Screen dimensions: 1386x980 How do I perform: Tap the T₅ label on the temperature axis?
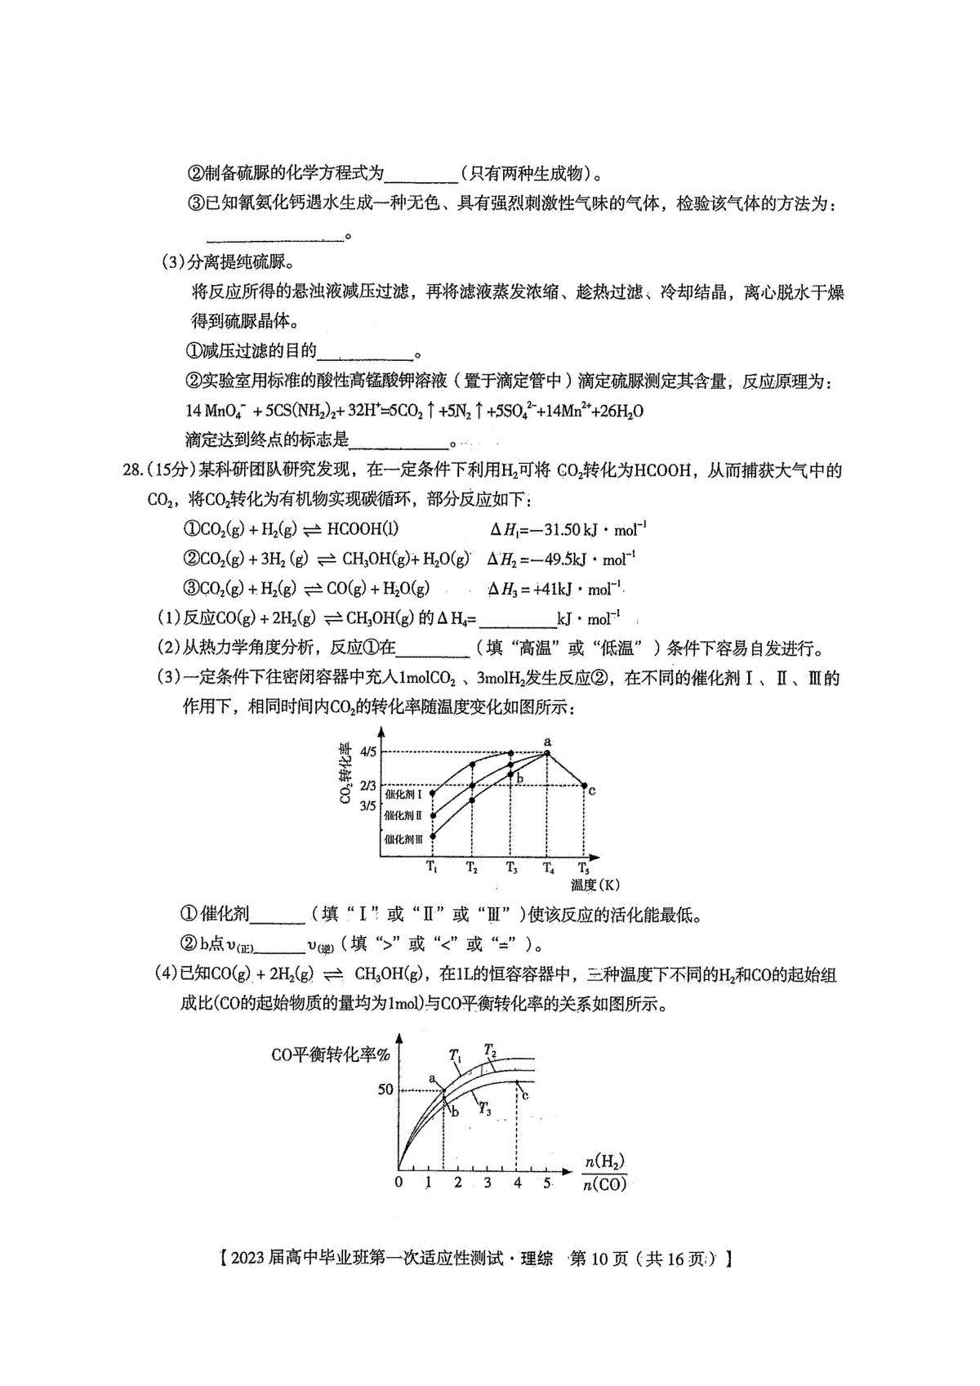(x=583, y=867)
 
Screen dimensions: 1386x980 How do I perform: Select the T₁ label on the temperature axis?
(x=431, y=867)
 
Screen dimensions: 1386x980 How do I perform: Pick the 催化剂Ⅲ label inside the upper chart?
(x=403, y=839)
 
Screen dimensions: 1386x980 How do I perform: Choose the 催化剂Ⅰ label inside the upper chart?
(x=403, y=794)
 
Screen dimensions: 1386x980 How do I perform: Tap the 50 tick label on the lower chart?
(x=385, y=1090)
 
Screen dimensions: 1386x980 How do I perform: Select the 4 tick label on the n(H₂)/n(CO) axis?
(x=517, y=1182)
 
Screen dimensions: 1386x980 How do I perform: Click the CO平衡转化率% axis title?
(x=331, y=1054)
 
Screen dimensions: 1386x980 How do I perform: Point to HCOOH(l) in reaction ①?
(x=363, y=529)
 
